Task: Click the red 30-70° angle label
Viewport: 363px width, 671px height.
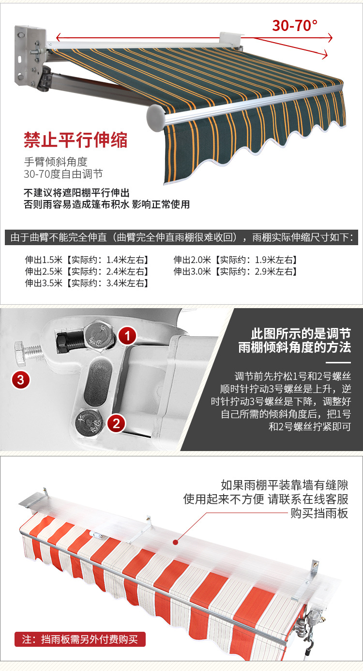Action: coord(295,25)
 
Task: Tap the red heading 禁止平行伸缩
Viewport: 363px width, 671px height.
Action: coord(76,140)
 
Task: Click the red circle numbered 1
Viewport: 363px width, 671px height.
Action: coord(127,335)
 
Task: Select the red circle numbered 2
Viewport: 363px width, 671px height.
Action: coord(116,423)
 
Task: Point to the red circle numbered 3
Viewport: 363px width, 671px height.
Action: coord(20,379)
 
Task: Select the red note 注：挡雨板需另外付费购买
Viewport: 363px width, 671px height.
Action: coord(80,639)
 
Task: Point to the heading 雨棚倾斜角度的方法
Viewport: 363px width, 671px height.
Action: coord(294,347)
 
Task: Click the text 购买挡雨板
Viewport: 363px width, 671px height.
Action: coord(319,513)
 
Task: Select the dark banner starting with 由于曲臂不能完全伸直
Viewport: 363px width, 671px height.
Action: coord(181,238)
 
